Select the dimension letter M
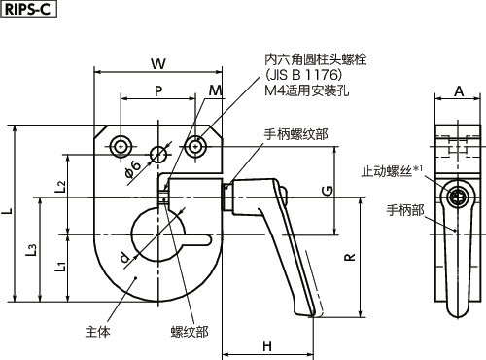coord(215,90)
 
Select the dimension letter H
coord(266,345)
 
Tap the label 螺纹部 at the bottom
coord(188,332)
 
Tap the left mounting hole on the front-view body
coord(121,146)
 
